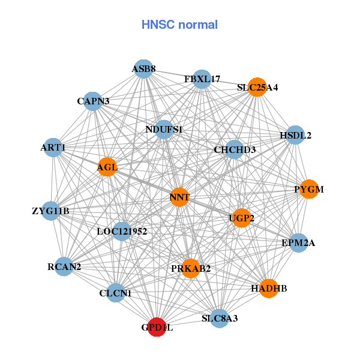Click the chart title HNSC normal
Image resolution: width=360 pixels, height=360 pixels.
[179, 25]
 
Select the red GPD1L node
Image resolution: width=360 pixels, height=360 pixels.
[157, 327]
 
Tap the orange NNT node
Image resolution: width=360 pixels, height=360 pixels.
[179, 197]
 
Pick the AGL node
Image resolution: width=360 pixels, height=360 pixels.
[107, 167]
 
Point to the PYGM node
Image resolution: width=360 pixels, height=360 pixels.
[308, 189]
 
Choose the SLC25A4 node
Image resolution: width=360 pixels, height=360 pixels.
[257, 87]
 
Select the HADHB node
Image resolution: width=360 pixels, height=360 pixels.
[269, 289]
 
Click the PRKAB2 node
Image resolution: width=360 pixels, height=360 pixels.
[191, 268]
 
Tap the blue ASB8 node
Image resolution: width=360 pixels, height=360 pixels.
[143, 69]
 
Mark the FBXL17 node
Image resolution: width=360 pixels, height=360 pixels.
[202, 79]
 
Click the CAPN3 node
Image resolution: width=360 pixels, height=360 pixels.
[93, 101]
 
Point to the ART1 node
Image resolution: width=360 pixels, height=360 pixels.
[53, 147]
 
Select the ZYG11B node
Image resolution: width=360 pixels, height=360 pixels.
[51, 211]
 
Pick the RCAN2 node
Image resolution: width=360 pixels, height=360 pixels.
[64, 266]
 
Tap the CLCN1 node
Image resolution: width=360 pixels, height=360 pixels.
[115, 293]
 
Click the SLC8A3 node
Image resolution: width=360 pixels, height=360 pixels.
[220, 318]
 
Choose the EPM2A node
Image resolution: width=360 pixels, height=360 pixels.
[298, 243]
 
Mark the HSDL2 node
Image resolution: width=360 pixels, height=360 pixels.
[295, 135]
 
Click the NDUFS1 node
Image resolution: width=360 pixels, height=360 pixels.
[164, 129]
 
